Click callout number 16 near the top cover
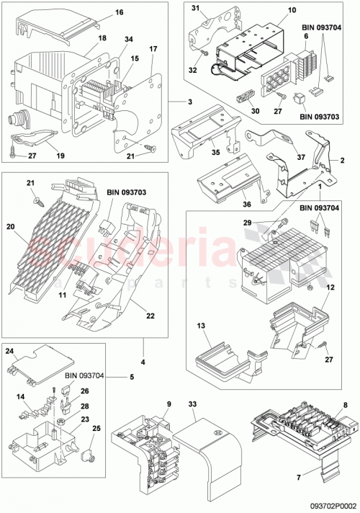point(119,13)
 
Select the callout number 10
point(271,11)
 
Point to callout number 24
point(9,352)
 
